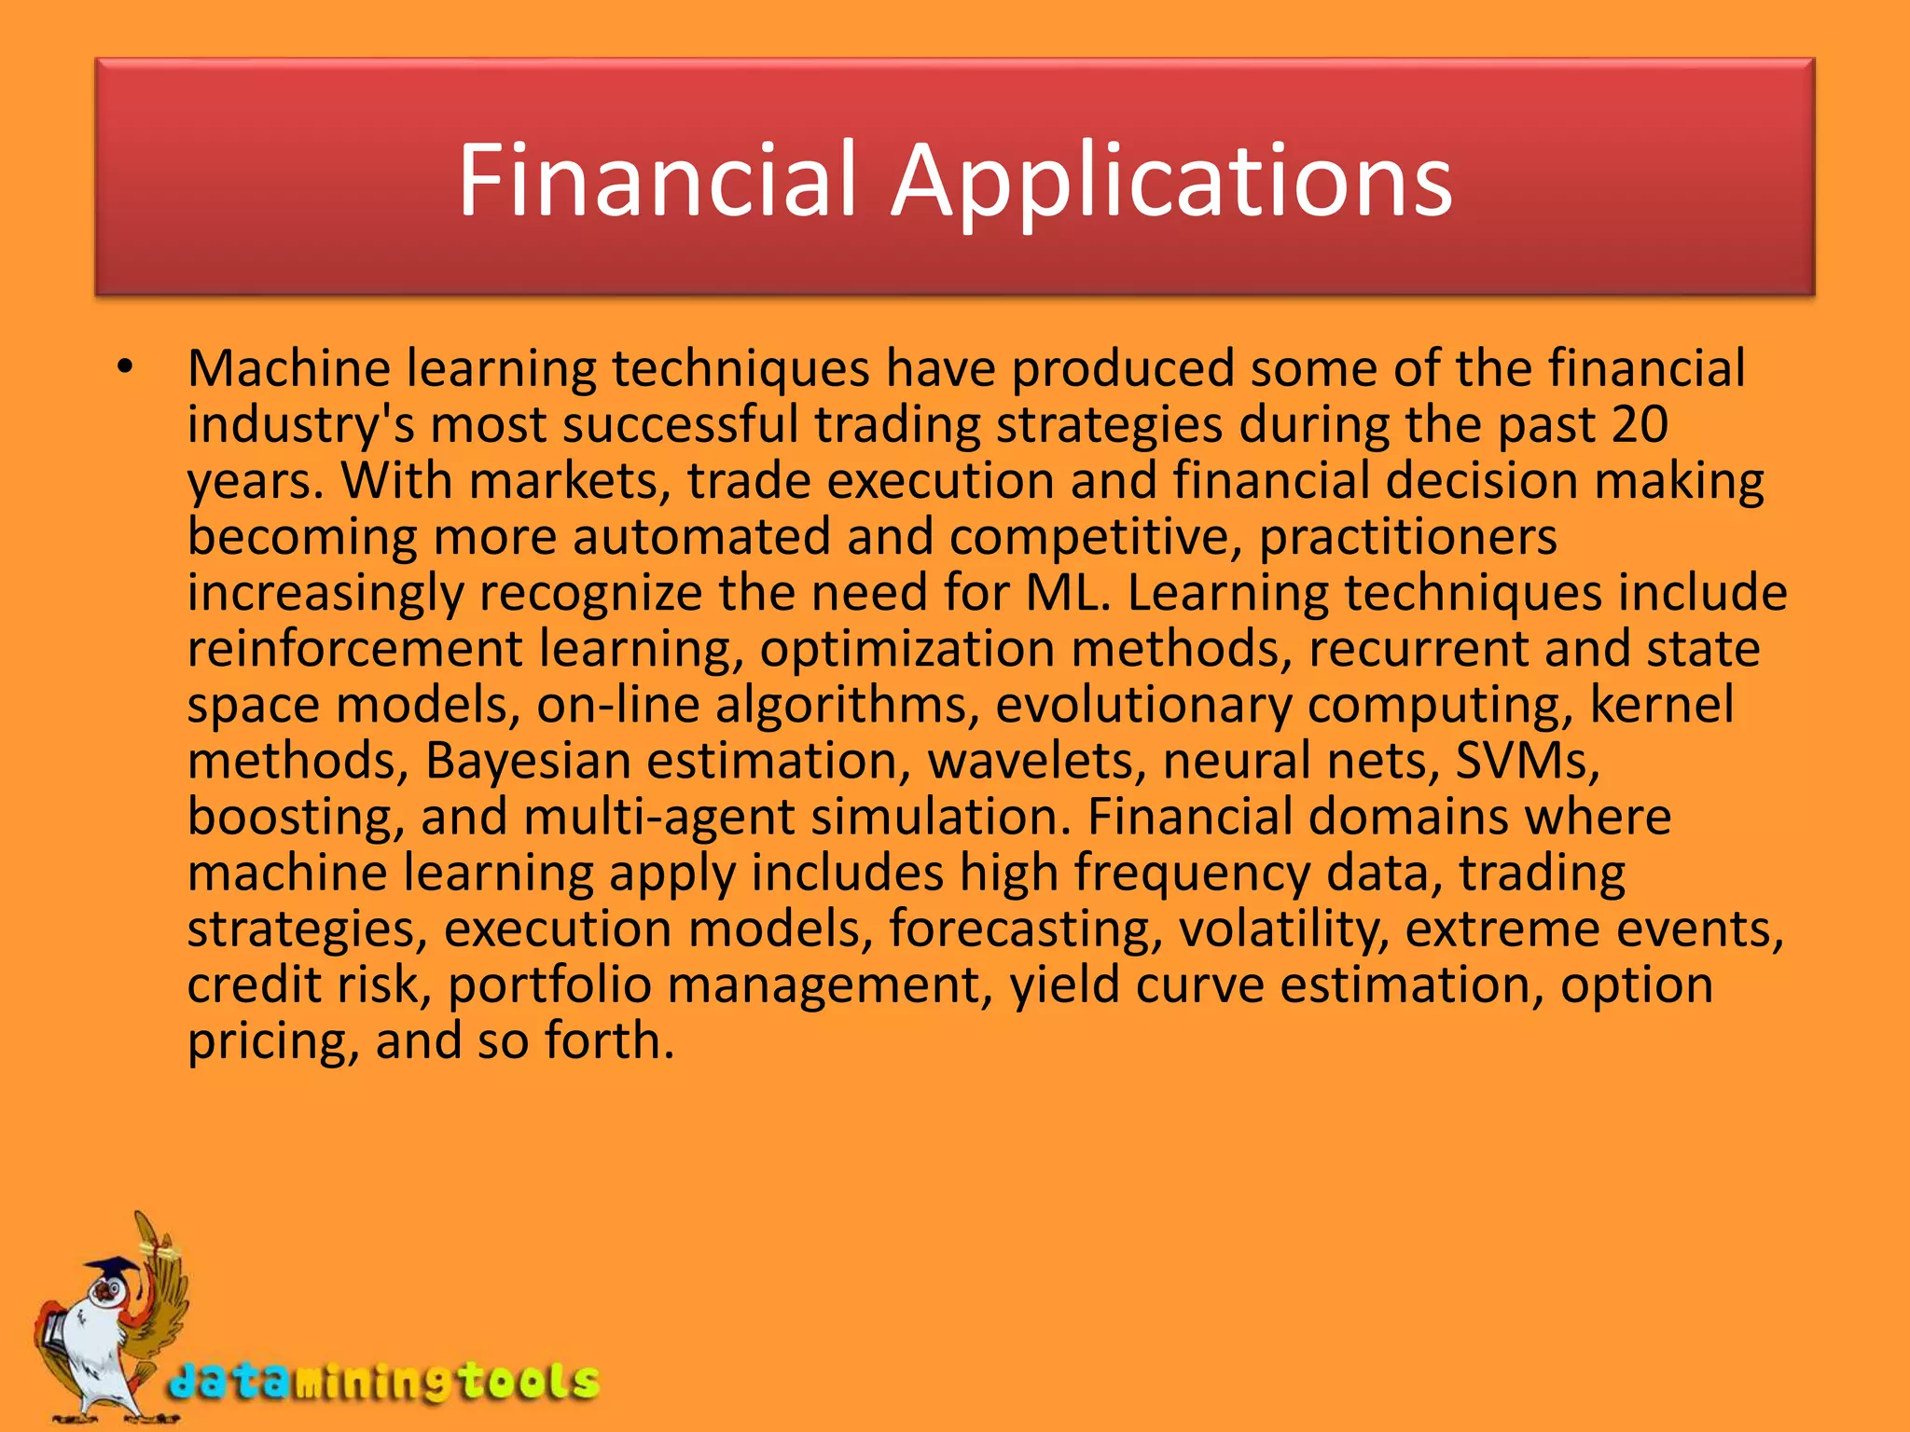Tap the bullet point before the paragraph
[x=126, y=367]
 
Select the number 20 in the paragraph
[x=1639, y=424]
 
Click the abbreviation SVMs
[x=1527, y=761]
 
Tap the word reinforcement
[x=354, y=648]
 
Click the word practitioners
[x=1407, y=537]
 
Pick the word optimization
[x=907, y=648]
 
